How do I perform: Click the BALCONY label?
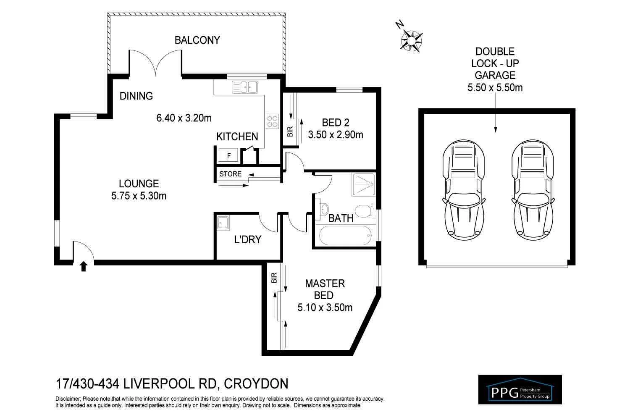(197, 40)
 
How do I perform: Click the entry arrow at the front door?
(84, 266)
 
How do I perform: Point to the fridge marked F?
(228, 156)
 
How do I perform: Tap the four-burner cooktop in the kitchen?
(272, 121)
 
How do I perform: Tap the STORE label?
(231, 174)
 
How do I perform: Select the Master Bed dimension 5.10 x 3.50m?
(325, 308)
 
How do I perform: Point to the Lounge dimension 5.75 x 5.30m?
(139, 196)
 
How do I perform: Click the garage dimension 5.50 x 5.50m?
(495, 88)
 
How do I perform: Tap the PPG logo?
(520, 389)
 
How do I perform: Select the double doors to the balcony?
(156, 63)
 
